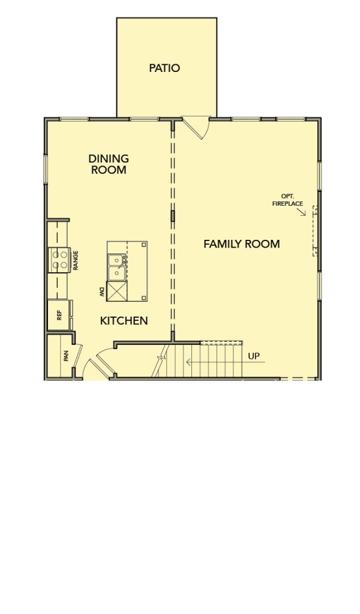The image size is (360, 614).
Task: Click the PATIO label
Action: click(164, 68)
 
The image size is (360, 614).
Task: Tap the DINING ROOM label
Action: click(109, 164)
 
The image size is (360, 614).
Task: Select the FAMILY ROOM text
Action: click(242, 244)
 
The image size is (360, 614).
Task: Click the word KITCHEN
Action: click(124, 321)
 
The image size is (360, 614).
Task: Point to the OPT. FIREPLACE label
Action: click(287, 200)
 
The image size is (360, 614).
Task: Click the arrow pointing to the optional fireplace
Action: click(301, 212)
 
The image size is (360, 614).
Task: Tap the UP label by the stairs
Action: click(254, 356)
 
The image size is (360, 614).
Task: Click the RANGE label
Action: click(76, 260)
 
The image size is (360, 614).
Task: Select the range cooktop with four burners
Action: click(59, 260)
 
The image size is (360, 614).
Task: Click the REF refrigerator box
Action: click(59, 315)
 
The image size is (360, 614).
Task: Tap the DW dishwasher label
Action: click(102, 291)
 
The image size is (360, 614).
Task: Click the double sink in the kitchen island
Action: click(117, 267)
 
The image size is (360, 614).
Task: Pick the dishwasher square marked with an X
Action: click(117, 291)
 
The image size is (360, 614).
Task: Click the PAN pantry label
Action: click(66, 356)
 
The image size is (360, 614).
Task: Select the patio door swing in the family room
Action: click(196, 127)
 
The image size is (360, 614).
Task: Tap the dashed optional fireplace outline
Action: click(314, 231)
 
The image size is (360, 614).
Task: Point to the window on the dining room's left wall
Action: click(46, 169)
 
